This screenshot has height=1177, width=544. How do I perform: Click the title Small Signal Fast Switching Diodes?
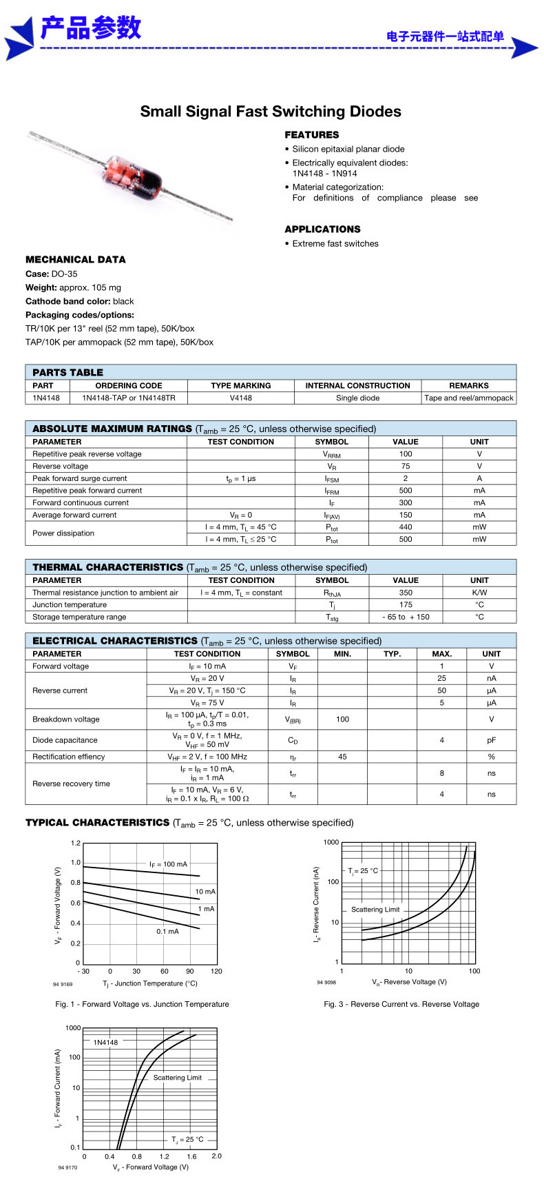(271, 112)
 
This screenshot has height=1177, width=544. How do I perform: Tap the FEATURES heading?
(312, 135)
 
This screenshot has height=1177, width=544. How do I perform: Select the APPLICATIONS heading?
(322, 229)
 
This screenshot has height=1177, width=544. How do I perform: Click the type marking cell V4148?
(241, 398)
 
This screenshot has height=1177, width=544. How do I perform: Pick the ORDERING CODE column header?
(129, 386)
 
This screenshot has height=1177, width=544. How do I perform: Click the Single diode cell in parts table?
(357, 398)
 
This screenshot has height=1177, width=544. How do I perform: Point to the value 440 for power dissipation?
(406, 527)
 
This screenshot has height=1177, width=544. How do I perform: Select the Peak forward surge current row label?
(80, 478)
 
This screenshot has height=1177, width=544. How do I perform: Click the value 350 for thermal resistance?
(406, 593)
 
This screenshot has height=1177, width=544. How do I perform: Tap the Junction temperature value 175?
(406, 605)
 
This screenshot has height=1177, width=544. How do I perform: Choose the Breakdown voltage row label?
(66, 719)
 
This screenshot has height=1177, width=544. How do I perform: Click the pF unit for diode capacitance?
(491, 740)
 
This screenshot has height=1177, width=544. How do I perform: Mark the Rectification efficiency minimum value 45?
(342, 757)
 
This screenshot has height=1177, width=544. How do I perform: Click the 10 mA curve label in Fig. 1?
(205, 892)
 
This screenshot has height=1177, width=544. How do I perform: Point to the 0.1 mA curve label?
(167, 931)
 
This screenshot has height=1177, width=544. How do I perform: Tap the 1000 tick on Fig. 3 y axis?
(331, 842)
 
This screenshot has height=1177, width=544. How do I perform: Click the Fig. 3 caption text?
(401, 1004)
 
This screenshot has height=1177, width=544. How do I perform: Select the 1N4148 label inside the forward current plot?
(106, 1043)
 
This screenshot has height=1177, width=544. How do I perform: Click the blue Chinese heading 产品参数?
(91, 28)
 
